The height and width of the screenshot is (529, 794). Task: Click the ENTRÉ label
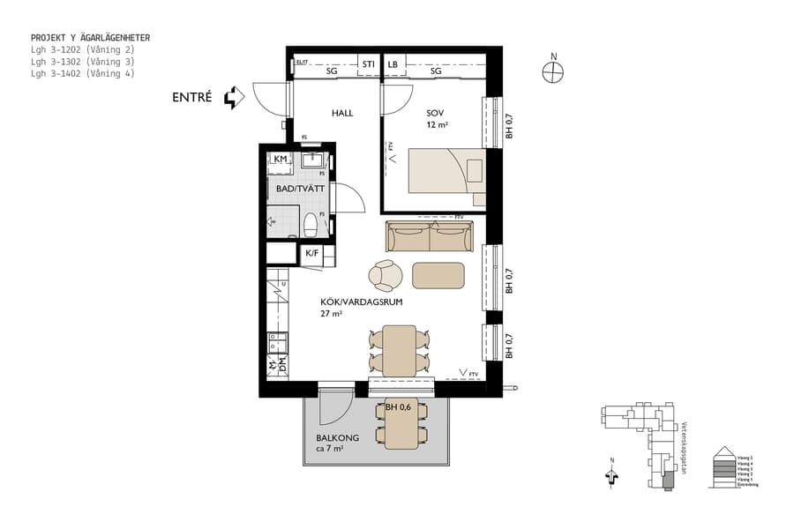coord(191,98)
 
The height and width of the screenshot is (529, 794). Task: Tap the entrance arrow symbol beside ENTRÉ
coord(234,97)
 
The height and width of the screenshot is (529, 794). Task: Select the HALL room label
coord(342,114)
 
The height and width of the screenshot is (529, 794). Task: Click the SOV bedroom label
coord(435,114)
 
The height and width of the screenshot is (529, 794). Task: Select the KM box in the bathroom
coord(281,159)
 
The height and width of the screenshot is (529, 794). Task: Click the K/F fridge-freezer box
coord(311,254)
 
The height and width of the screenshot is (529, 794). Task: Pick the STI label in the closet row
coord(369,64)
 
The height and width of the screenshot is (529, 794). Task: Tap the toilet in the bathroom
coord(310,225)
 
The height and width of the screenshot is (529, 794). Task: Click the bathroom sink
coord(312,160)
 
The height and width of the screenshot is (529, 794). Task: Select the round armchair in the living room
coord(386,275)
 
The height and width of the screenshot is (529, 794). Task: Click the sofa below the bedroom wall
coord(430,236)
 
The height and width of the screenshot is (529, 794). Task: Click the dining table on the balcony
coord(401,424)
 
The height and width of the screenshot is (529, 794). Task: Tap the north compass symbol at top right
coord(554,73)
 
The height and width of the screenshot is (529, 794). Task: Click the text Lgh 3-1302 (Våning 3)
coord(82,62)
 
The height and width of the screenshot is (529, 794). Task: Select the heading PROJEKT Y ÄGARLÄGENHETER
coord(90,38)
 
